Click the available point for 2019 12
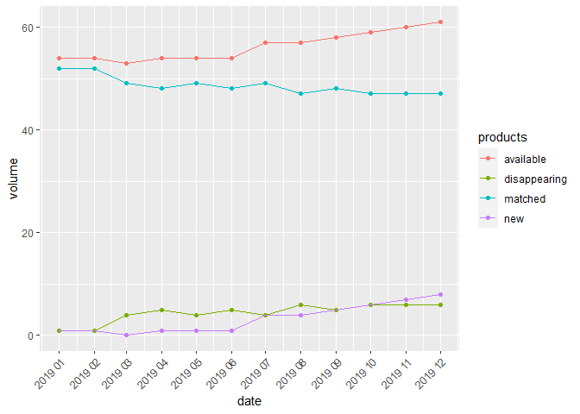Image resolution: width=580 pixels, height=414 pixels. tap(440, 22)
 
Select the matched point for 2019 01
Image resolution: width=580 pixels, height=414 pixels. tap(59, 68)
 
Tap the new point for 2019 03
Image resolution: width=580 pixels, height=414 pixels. tap(128, 336)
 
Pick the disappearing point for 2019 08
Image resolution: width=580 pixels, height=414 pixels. tap(301, 305)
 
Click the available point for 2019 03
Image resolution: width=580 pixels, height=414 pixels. tap(128, 63)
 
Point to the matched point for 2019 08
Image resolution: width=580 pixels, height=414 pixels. tap(301, 93)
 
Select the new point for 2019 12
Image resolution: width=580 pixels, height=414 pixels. tap(440, 295)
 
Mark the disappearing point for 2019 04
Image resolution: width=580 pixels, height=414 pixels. tap(162, 310)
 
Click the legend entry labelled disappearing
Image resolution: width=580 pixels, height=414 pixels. tap(535, 179)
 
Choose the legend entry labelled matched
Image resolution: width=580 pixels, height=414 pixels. tap(524, 199)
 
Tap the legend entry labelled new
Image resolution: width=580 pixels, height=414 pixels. tap(514, 219)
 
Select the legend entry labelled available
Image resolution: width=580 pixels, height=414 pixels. tap(525, 160)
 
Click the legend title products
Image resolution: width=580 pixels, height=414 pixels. tap(502, 138)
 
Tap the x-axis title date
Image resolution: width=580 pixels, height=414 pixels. tap(249, 401)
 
